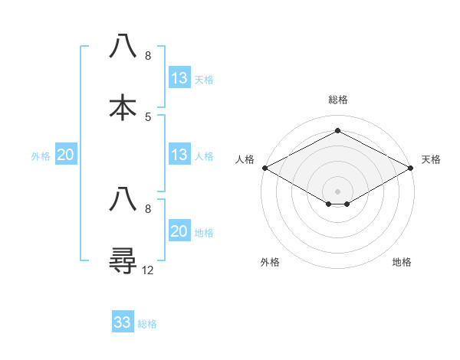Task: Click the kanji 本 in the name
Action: click(123, 107)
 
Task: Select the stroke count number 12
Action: click(148, 270)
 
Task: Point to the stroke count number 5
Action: click(148, 116)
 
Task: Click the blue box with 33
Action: click(123, 322)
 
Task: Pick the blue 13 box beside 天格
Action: click(179, 78)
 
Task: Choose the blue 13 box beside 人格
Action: click(179, 155)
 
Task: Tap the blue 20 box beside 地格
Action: click(179, 231)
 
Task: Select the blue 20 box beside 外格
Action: click(66, 155)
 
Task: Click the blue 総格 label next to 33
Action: click(147, 324)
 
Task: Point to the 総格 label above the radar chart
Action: click(337, 100)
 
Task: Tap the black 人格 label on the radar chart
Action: click(245, 159)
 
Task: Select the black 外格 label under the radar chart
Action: click(270, 263)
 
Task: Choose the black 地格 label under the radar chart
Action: click(402, 263)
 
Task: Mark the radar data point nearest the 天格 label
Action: click(411, 168)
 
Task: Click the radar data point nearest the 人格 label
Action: click(264, 168)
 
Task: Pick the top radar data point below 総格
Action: click(337, 130)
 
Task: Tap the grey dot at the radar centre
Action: click(337, 191)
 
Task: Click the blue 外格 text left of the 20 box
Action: click(41, 156)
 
